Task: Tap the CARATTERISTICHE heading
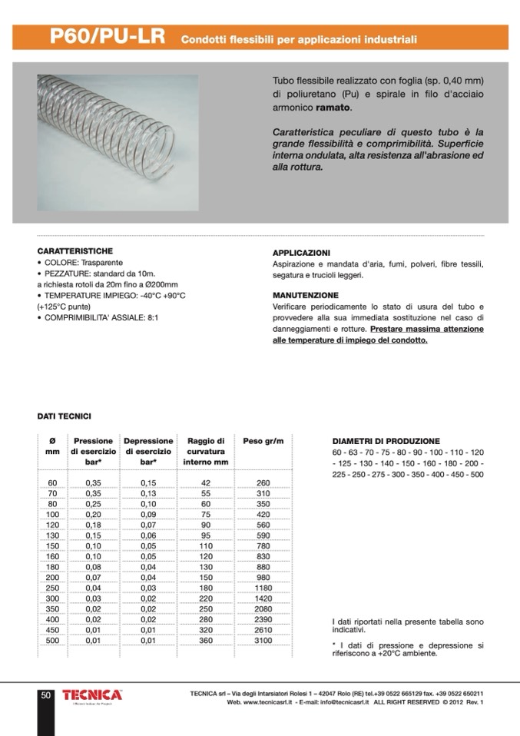pyautogui.click(x=75, y=251)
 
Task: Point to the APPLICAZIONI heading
pyautogui.click(x=301, y=253)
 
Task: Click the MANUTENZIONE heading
pyautogui.click(x=305, y=295)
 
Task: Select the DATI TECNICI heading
pyautogui.click(x=65, y=416)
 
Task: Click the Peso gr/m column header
pyautogui.click(x=263, y=441)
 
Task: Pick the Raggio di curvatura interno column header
pyautogui.click(x=205, y=452)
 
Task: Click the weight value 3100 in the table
pyautogui.click(x=263, y=640)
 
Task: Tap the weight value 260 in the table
pyautogui.click(x=263, y=482)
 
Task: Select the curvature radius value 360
pyautogui.click(x=205, y=640)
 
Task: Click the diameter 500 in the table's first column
pyautogui.click(x=52, y=640)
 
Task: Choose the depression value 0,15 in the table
pyautogui.click(x=148, y=482)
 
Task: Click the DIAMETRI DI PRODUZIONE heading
pyautogui.click(x=386, y=442)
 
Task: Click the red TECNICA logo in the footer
pyautogui.click(x=92, y=695)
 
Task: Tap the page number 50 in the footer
pyautogui.click(x=45, y=695)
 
